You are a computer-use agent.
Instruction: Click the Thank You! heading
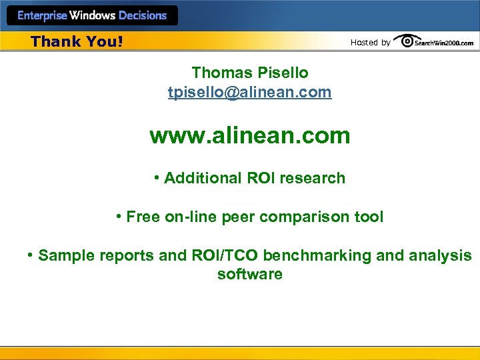(x=77, y=41)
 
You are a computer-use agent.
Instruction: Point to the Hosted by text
(x=370, y=43)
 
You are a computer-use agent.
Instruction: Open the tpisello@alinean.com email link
(x=249, y=92)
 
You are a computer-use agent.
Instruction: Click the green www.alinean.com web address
(x=250, y=136)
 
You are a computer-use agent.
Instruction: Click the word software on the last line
(x=250, y=274)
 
